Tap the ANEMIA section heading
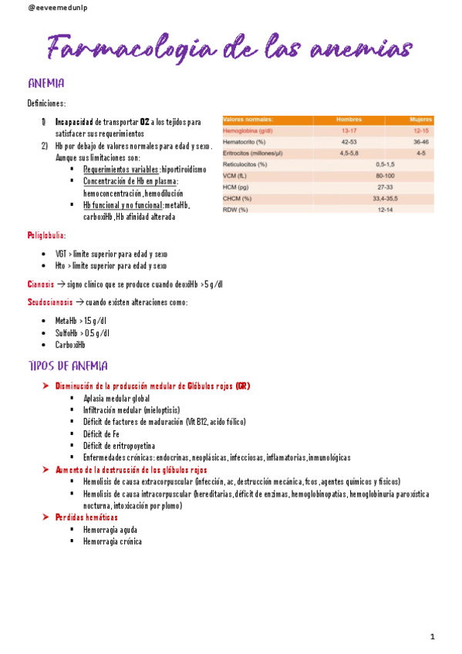click(46, 83)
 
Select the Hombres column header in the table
click(349, 120)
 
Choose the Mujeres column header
click(420, 120)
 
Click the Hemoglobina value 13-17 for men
click(349, 131)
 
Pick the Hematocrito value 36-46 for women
click(420, 142)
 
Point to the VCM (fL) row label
click(234, 176)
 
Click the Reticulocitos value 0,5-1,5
click(384, 164)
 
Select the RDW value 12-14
click(384, 209)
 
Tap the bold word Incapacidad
click(74, 122)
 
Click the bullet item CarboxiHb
click(70, 346)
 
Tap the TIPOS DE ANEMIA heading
click(68, 366)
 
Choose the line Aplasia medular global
click(116, 398)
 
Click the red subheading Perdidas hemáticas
click(86, 517)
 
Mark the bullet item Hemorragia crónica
click(113, 541)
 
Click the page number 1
click(433, 636)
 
